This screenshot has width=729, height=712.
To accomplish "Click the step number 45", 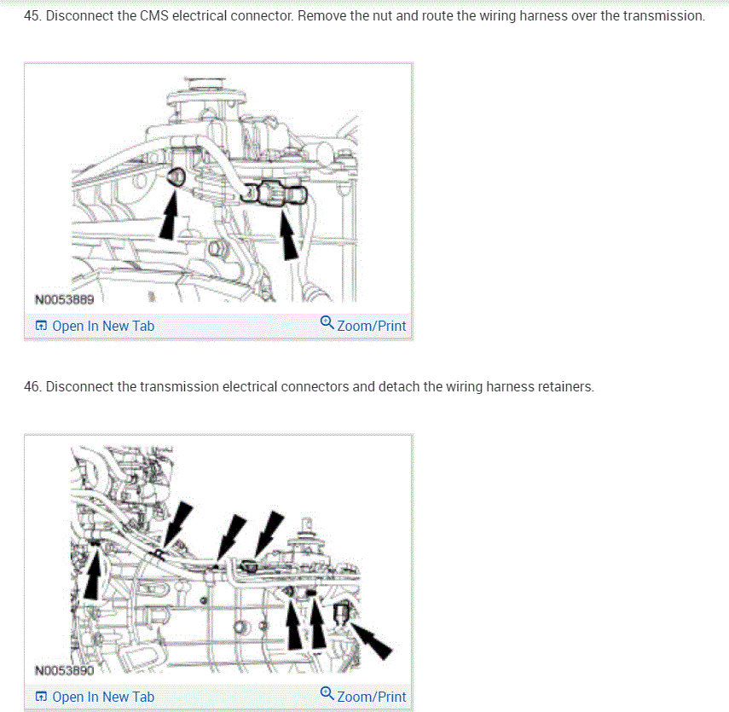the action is coord(32,16).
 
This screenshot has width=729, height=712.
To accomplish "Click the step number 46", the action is coord(32,386).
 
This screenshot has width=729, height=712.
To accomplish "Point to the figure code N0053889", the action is coord(65,299).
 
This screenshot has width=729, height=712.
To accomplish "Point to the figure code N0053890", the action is coord(65,670).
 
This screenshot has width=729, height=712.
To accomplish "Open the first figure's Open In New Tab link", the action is coord(103,326).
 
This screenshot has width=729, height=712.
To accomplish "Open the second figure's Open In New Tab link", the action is coord(103,697).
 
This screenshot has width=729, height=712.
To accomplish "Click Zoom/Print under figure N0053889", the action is coord(372,326).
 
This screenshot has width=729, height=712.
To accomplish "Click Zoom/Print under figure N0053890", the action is coord(372,697).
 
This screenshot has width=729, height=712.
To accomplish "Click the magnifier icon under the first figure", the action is coord(327,322).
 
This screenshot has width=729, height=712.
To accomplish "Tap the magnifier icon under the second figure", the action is coord(327,693).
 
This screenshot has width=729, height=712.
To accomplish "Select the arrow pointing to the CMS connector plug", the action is coord(289,234).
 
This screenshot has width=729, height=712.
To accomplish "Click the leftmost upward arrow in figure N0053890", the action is coord(93,572).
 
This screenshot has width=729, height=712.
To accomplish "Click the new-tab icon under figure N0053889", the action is coord(42,326).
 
